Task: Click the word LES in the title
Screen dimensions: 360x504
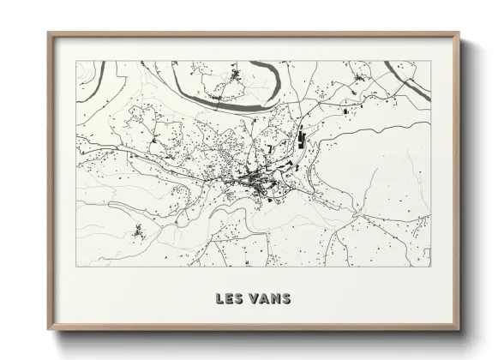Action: click(229, 299)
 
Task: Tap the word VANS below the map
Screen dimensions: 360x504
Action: click(270, 299)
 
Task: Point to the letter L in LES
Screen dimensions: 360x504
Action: click(220, 299)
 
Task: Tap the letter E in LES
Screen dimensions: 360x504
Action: click(229, 299)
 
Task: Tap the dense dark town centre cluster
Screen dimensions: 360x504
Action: click(254, 181)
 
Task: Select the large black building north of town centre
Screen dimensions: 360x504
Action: click(300, 138)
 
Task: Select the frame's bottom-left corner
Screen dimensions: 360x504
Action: click(49, 330)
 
